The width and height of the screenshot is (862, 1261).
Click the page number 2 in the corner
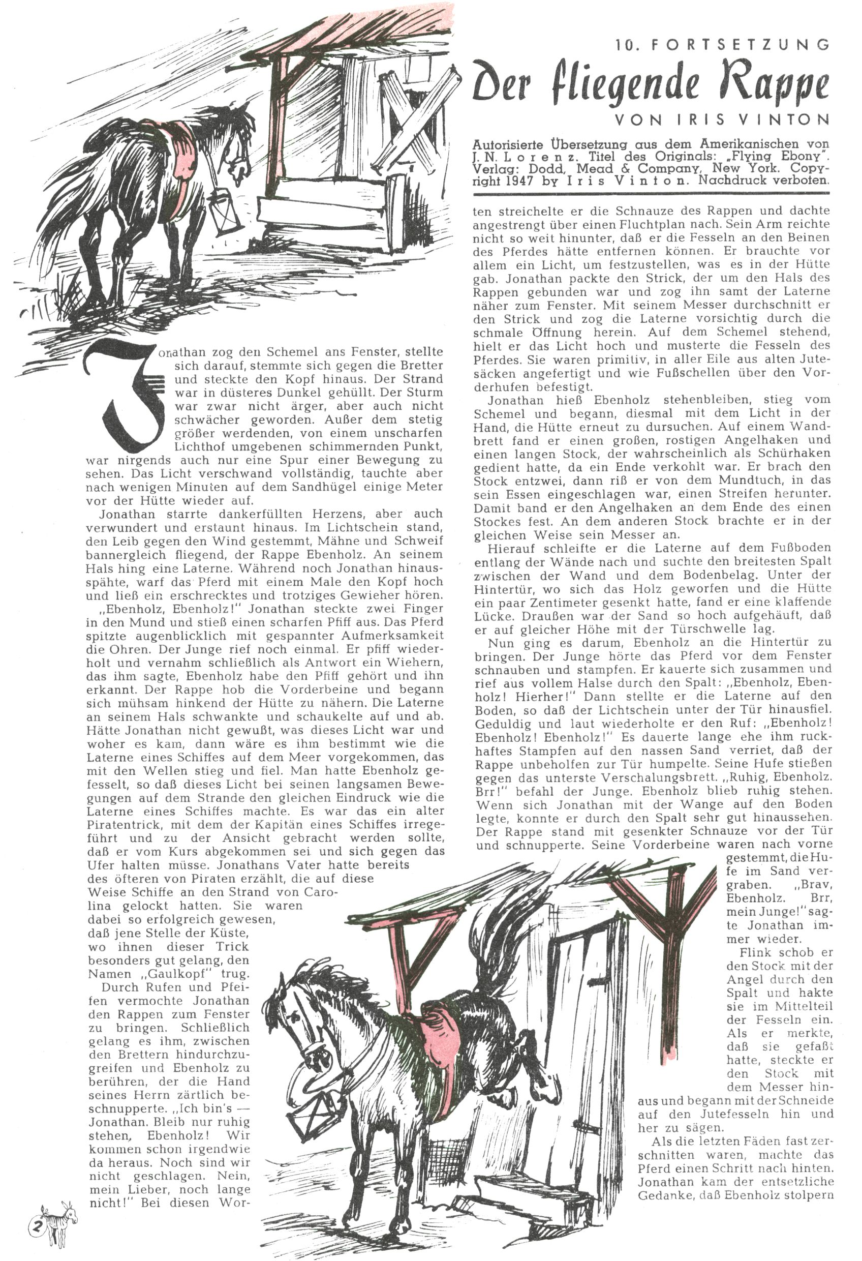[x=39, y=1212]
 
